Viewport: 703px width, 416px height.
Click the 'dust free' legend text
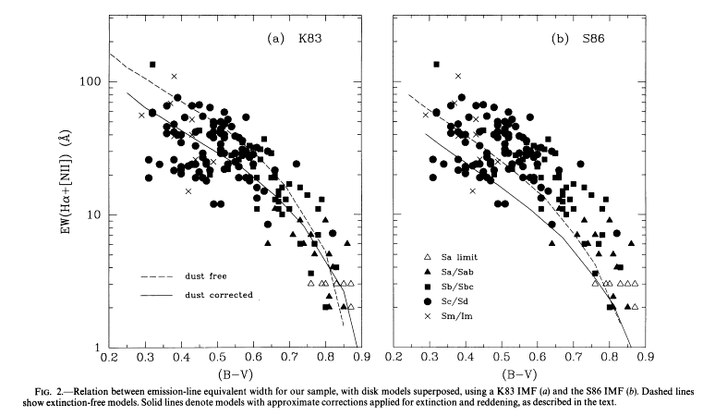(x=206, y=276)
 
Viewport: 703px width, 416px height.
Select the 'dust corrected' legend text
(x=218, y=296)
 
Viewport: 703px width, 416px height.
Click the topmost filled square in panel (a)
(x=152, y=65)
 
